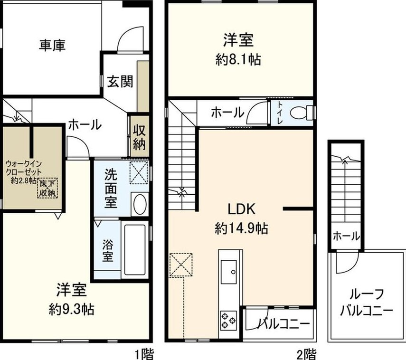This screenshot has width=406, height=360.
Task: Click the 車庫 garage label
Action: [x=52, y=45]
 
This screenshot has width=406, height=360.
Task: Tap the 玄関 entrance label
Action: [x=120, y=81]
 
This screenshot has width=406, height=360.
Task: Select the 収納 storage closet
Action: [x=139, y=136]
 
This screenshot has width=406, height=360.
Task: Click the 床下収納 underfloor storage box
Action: [x=47, y=188]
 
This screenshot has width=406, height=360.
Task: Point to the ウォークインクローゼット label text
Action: [x=23, y=168]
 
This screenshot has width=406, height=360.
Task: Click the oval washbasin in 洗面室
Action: [x=140, y=204]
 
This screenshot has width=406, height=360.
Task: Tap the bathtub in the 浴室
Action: [x=135, y=250]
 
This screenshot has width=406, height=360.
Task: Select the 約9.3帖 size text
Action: [x=71, y=309]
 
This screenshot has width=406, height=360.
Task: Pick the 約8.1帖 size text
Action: [x=238, y=60]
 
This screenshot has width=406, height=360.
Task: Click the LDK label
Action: [x=241, y=209]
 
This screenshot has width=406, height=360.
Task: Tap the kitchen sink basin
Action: [x=228, y=272]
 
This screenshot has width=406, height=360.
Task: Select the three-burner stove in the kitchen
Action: [x=228, y=321]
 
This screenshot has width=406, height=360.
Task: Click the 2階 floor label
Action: [x=307, y=354]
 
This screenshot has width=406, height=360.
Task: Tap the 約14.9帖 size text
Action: [x=241, y=228]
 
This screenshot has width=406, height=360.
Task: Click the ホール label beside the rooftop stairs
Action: [x=346, y=236]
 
